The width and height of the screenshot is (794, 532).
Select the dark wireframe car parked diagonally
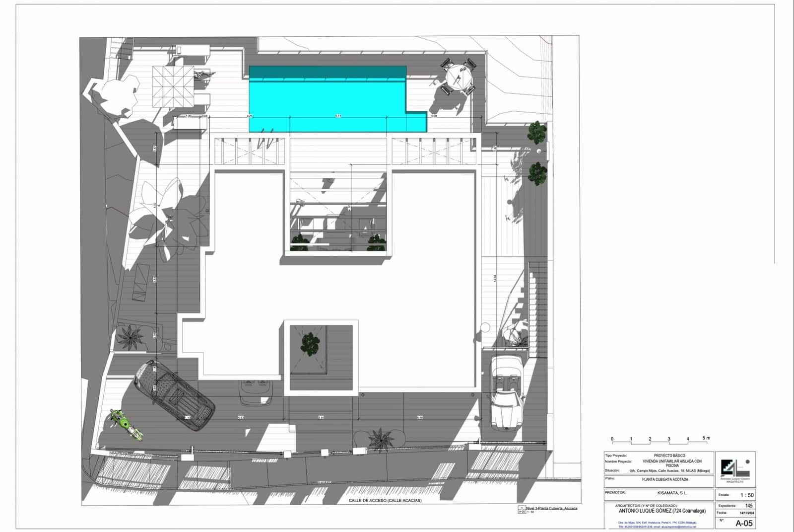coord(174,395)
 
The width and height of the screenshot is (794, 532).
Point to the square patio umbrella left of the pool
coord(172,86)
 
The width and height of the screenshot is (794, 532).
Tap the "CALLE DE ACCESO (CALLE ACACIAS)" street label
coord(385,501)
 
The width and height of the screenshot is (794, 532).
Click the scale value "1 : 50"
coord(747,495)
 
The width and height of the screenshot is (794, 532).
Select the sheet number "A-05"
coord(744,523)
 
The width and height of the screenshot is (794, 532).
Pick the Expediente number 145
coord(749,506)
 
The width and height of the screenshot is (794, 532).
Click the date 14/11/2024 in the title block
coord(746,513)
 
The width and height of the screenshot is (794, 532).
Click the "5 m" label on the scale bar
coord(706,438)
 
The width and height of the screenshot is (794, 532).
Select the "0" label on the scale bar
coord(612,439)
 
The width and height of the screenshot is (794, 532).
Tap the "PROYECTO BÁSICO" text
coord(669,456)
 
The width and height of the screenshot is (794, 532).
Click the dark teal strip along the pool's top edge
coord(328,73)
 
